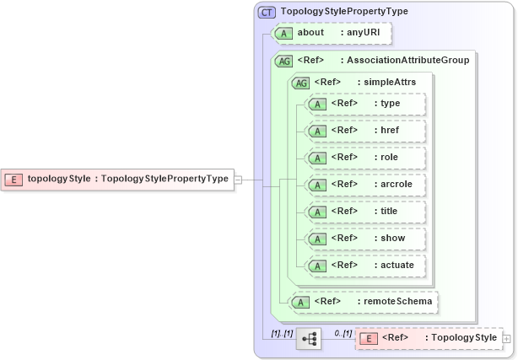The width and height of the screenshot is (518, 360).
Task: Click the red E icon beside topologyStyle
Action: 14,179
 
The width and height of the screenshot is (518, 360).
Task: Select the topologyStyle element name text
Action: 59,179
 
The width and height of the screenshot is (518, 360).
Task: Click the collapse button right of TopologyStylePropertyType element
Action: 238,179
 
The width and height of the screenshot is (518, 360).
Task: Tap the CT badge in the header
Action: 267,12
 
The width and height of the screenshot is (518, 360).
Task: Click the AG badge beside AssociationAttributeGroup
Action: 283,61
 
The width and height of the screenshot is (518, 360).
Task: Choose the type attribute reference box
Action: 365,104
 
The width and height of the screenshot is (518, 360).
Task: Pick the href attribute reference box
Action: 365,131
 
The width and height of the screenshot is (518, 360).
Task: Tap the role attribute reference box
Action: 365,157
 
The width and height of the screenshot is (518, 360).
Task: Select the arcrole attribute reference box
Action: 365,184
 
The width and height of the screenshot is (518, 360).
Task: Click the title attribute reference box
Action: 365,211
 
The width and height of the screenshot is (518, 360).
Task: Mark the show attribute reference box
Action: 365,238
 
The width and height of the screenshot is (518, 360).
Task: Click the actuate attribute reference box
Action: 365,265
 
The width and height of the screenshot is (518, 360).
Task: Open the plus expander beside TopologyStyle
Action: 506,338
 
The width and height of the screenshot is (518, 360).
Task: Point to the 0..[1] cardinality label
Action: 343,334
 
